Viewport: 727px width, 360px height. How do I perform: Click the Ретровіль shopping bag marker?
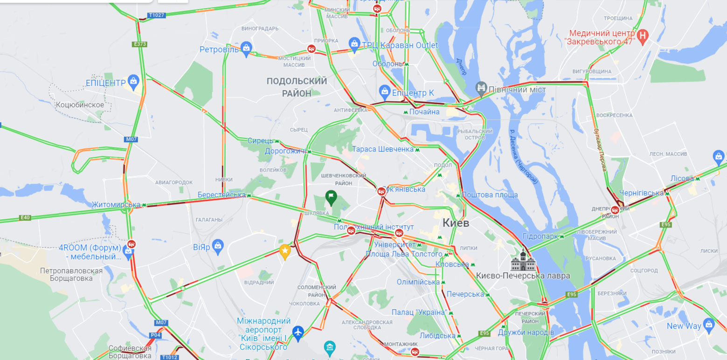pos(246,47)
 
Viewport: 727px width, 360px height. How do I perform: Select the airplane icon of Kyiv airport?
pos(298,332)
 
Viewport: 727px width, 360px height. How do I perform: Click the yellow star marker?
pos(285,252)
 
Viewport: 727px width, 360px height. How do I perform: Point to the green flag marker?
pos(331,197)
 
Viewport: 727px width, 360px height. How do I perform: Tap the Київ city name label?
pos(456,223)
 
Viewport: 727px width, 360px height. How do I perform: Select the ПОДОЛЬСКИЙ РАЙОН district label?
pos(297,87)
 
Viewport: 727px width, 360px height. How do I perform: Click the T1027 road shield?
pos(156,15)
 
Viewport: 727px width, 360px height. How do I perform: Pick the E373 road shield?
pos(139,44)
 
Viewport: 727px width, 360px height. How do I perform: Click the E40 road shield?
pos(25,217)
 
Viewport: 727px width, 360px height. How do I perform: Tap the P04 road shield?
pos(155,335)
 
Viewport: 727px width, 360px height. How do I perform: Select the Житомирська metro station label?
pos(116,205)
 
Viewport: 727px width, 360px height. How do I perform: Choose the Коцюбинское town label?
pos(80,105)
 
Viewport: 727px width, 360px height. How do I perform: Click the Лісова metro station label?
pos(682,179)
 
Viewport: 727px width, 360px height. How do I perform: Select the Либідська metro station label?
pos(437,336)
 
